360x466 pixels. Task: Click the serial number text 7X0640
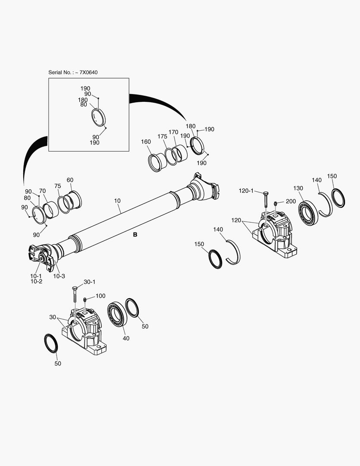coord(88,72)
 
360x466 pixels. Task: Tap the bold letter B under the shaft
coord(135,235)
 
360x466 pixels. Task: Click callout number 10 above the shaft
coord(117,201)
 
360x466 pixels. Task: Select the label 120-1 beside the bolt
coord(247,190)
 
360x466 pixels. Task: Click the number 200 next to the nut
coord(291,202)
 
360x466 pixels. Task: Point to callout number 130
coord(298,188)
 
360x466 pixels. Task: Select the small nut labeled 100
coord(85,299)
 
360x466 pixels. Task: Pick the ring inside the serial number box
coord(99,117)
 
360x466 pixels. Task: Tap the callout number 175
coord(162,136)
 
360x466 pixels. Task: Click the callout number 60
coord(70,180)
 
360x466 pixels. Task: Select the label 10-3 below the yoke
coord(59,276)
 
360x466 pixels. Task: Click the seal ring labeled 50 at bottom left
coord(51,343)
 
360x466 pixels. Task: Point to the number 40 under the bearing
coord(126,338)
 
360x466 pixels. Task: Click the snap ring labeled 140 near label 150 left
coord(233,252)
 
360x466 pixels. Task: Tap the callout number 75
coord(58,186)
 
